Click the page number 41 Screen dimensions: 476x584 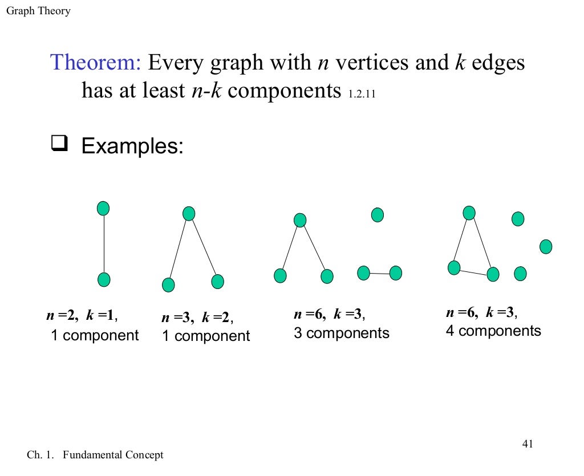click(x=527, y=444)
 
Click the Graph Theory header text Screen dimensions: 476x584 click(x=38, y=11)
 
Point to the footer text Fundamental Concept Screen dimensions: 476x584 click(x=113, y=455)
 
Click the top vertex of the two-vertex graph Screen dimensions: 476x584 click(x=103, y=209)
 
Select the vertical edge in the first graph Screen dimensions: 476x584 click(x=103, y=244)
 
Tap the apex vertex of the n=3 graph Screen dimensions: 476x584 click(x=189, y=214)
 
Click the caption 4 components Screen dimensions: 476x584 click(x=493, y=331)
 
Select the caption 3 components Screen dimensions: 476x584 click(x=341, y=333)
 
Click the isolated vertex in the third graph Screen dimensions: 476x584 click(x=377, y=215)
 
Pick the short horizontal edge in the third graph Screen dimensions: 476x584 click(x=379, y=274)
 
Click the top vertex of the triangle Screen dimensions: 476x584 click(x=469, y=213)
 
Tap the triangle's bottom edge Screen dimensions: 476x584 click(x=473, y=271)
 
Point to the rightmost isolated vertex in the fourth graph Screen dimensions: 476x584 click(x=546, y=247)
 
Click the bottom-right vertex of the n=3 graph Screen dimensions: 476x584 click(x=217, y=282)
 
